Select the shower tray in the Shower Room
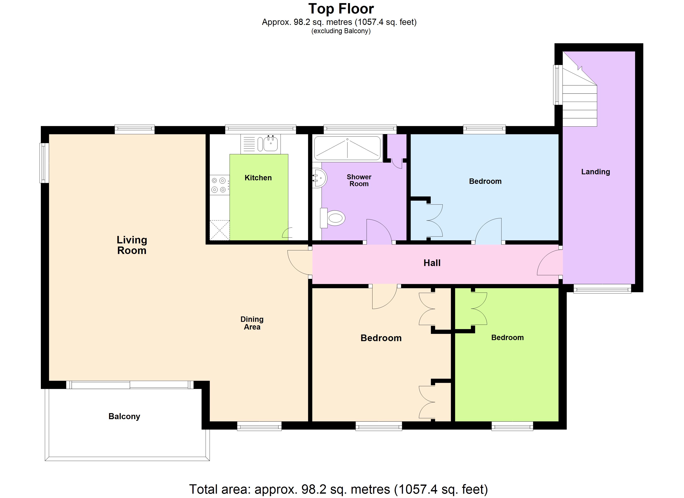pos(347,148)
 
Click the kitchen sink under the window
pos(261,144)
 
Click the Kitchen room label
pos(258,178)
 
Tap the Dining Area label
pos(252,323)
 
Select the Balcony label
pos(124,416)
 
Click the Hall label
pos(432,263)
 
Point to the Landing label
pos(596,172)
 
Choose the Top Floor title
pos(341,9)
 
